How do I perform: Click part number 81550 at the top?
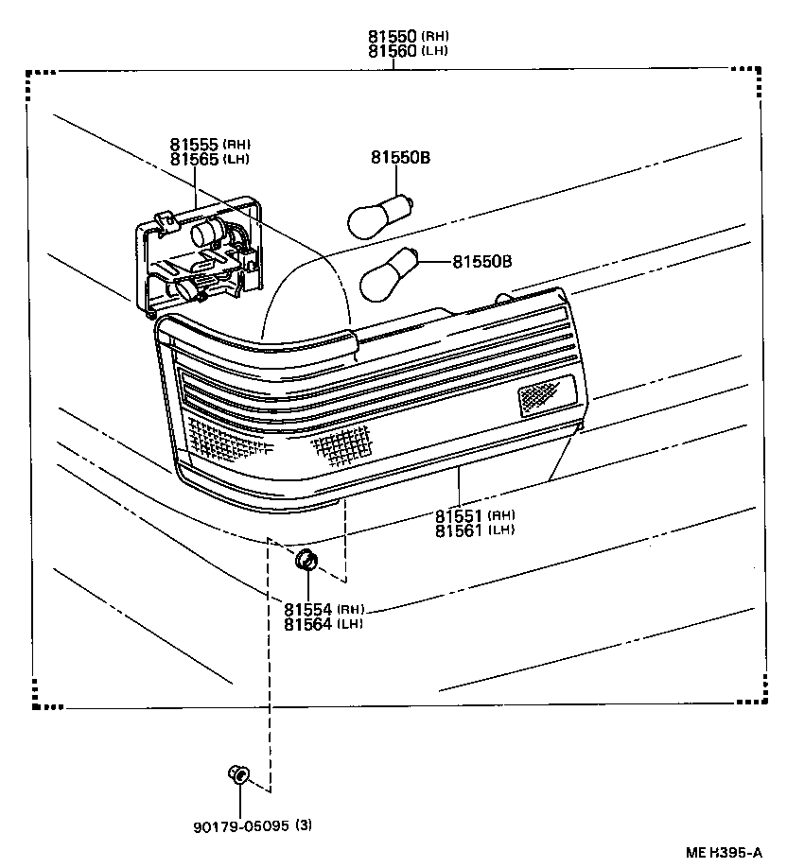393,36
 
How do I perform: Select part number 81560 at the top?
393,50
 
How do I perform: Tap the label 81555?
195,145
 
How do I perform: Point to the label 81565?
195,159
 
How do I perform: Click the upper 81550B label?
400,158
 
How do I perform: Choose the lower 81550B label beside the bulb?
481,261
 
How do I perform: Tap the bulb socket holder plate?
201,254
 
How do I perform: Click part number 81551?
460,515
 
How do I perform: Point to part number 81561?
460,529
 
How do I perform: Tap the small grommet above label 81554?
306,560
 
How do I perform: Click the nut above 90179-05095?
239,775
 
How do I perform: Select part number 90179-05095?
240,825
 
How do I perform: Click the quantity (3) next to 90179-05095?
304,825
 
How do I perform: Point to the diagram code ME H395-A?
725,853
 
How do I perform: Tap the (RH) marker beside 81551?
501,515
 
